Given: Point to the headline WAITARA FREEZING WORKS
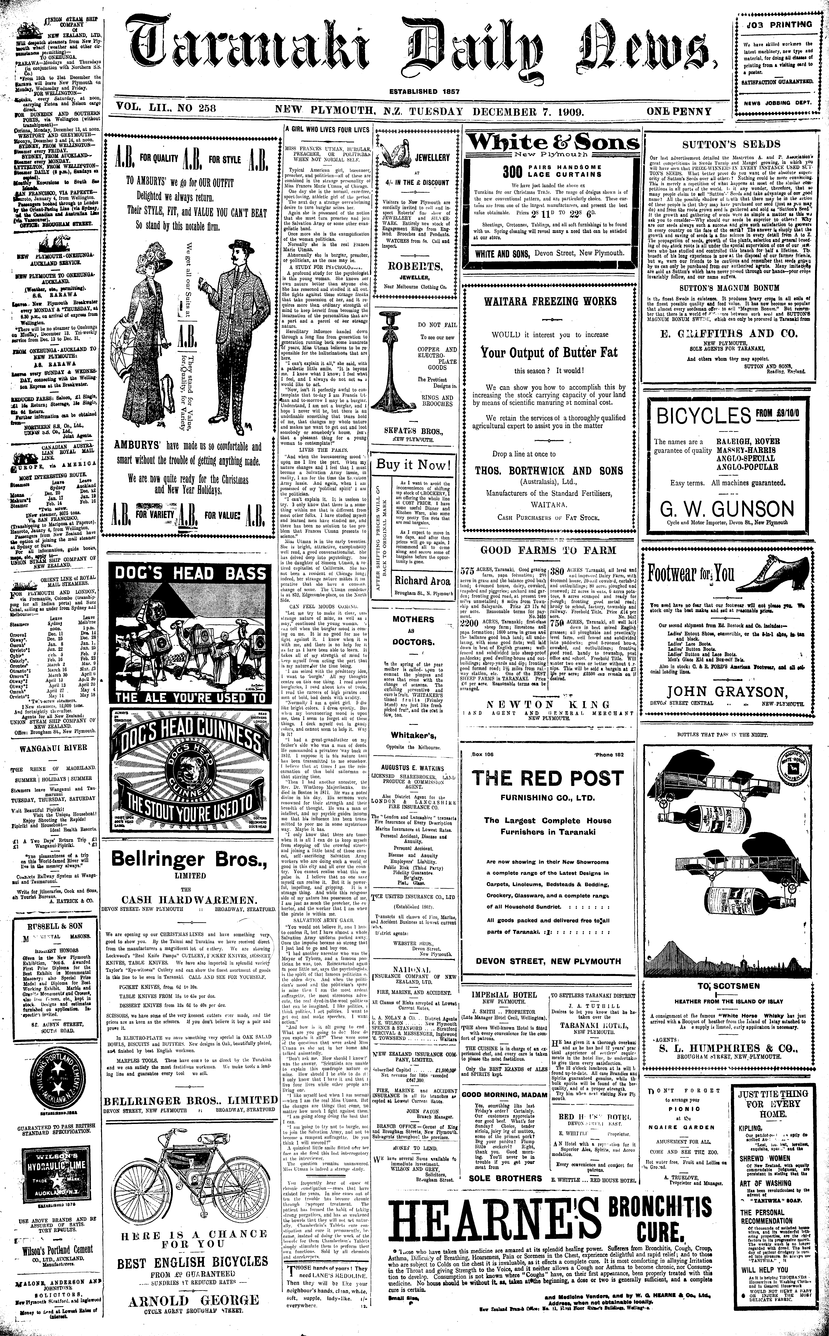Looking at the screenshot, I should pyautogui.click(x=550, y=301).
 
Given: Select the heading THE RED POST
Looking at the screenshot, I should pyautogui.click(x=548, y=778).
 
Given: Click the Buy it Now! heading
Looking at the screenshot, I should pyautogui.click(x=413, y=465).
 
